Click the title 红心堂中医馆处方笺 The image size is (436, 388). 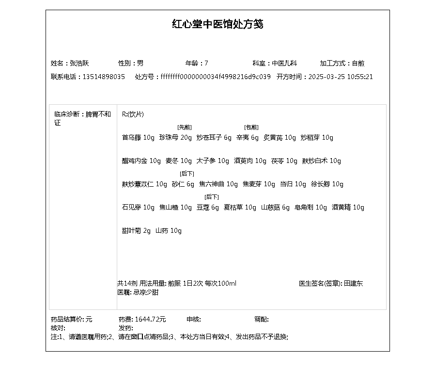(x=218, y=24)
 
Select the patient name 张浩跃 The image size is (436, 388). (x=79, y=63)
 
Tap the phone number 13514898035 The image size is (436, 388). (x=104, y=77)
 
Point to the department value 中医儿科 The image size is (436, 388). (x=284, y=63)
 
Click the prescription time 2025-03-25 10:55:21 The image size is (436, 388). (x=341, y=77)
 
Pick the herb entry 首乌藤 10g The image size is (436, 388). (x=138, y=138)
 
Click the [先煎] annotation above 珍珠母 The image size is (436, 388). (x=185, y=127)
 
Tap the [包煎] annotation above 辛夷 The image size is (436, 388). (x=251, y=127)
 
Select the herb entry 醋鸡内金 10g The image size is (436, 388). (x=141, y=161)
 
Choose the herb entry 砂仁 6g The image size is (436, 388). (x=183, y=184)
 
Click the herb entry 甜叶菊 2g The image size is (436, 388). (x=136, y=231)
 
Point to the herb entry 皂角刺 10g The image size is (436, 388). (x=311, y=208)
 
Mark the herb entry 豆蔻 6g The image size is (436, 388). (x=208, y=208)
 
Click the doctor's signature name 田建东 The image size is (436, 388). (x=354, y=283)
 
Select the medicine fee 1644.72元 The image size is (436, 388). (x=150, y=319)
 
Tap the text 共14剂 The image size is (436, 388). (x=127, y=283)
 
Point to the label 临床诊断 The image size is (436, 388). (x=67, y=114)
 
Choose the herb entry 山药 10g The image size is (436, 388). (x=168, y=231)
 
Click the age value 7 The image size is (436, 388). (x=206, y=63)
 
